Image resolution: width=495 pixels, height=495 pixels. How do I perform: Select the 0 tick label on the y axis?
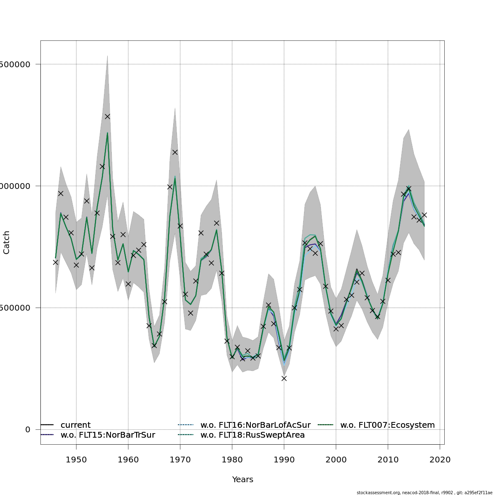click(x=28, y=429)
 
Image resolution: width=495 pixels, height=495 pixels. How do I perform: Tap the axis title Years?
click(x=243, y=479)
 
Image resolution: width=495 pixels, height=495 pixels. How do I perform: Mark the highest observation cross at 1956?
click(x=107, y=116)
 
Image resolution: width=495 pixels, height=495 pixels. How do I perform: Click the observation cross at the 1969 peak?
click(x=175, y=152)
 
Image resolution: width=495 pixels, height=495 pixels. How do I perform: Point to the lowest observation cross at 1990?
click(x=284, y=378)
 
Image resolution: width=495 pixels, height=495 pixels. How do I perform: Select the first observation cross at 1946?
click(x=55, y=262)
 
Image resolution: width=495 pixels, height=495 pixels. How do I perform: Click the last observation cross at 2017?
click(x=424, y=215)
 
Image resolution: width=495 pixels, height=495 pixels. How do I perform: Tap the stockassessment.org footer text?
click(x=424, y=492)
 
